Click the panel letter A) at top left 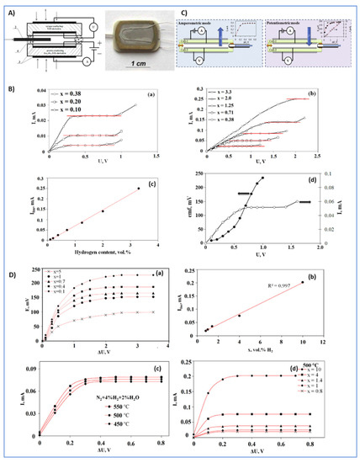(10, 11)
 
